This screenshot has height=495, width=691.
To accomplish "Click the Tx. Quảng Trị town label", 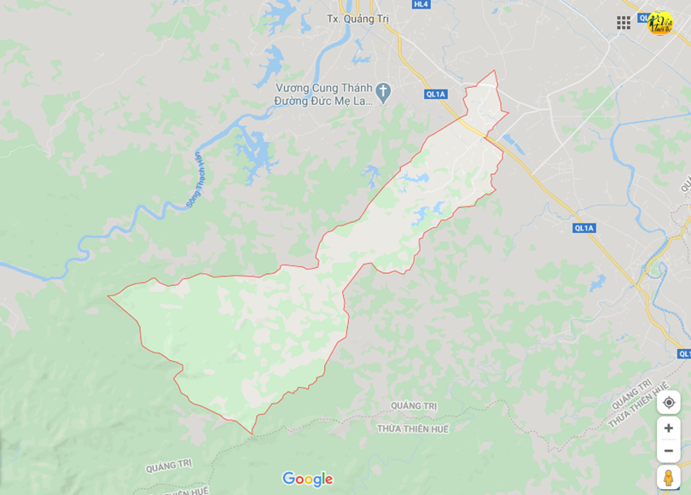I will [358, 18].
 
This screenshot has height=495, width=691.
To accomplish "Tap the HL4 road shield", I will [421, 4].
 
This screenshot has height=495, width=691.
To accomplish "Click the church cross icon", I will [383, 90].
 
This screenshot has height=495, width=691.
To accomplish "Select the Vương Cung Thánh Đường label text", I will [323, 88].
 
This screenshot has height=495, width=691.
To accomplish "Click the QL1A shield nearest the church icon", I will [436, 94].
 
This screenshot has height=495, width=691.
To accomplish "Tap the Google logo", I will [307, 479].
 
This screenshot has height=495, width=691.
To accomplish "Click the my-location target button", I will [669, 402].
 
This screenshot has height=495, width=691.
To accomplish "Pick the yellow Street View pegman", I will [669, 477].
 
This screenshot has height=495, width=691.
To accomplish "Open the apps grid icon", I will [624, 23].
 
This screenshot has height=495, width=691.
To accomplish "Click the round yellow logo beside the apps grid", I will [659, 23].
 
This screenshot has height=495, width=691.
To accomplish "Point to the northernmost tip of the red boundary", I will [494, 71].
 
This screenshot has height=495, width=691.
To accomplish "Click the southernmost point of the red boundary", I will [253, 434].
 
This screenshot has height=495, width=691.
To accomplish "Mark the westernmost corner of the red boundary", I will [108, 297].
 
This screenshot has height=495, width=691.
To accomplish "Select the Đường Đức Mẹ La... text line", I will [323, 100].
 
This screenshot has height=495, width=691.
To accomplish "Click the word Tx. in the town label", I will [334, 18].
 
